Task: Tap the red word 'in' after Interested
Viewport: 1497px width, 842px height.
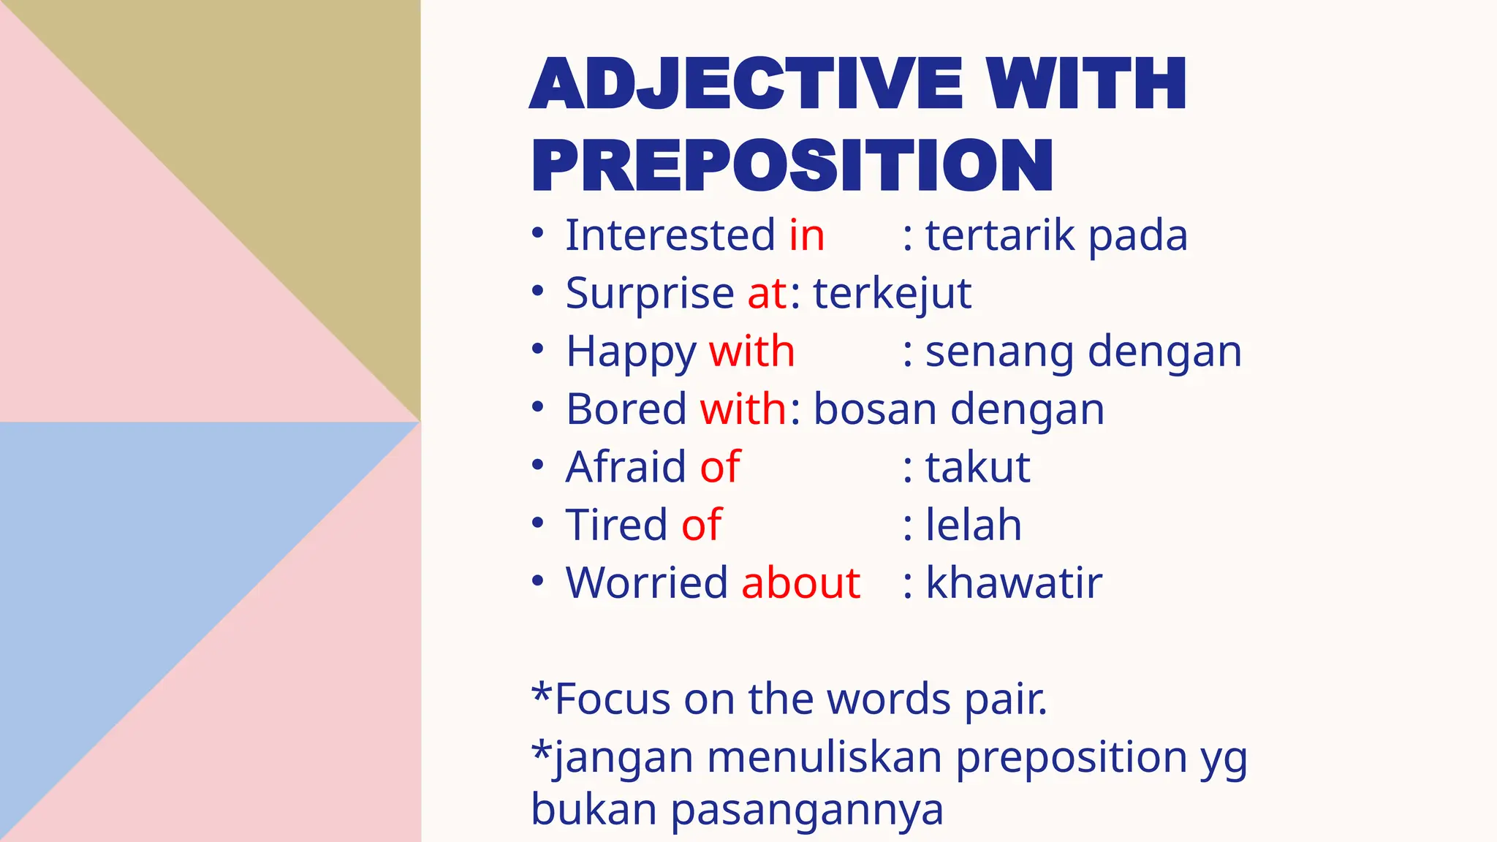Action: tap(807, 235)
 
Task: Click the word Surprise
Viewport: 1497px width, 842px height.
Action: tap(650, 294)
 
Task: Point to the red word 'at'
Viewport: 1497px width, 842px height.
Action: tap(768, 294)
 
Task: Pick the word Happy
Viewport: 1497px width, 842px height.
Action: tap(632, 352)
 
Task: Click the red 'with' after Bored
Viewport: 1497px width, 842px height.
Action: tap(743, 409)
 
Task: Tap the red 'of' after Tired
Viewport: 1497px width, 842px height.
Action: tap(702, 525)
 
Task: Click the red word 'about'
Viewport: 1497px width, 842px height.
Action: tap(801, 583)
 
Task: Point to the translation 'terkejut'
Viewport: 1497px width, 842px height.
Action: tap(892, 294)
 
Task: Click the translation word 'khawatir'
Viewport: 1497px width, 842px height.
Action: tap(1014, 583)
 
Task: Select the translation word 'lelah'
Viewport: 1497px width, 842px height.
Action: tap(974, 525)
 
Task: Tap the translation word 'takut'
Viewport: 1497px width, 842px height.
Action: tap(978, 466)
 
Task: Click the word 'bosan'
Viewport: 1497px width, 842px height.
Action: tap(875, 409)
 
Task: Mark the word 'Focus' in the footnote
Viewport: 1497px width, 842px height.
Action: tap(613, 699)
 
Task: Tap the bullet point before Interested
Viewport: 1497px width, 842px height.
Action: tap(538, 234)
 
